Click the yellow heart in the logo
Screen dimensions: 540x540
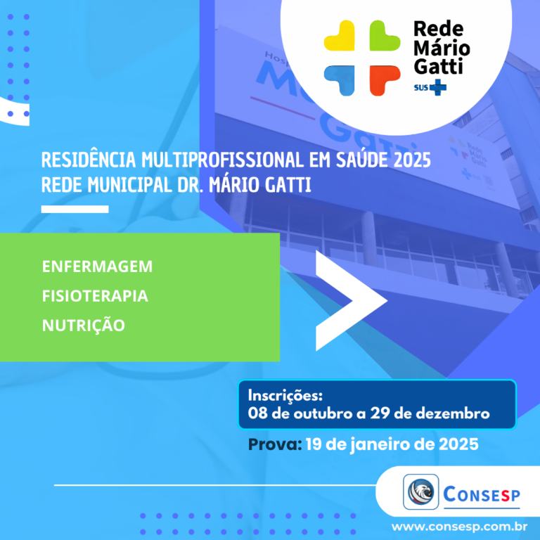pyautogui.click(x=340, y=36)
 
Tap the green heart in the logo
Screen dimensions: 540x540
pyautogui.click(x=385, y=36)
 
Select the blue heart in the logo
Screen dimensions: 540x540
pyautogui.click(x=340, y=80)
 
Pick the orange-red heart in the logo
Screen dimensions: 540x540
pyautogui.click(x=385, y=80)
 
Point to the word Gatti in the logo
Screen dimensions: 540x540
pyautogui.click(x=438, y=66)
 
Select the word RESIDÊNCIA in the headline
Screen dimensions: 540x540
pyautogui.click(x=89, y=160)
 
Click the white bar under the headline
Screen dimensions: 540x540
pyautogui.click(x=75, y=209)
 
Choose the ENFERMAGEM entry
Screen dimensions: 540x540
pyautogui.click(x=97, y=266)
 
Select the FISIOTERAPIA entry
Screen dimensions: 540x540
pyautogui.click(x=95, y=296)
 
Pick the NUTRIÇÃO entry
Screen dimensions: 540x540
pyautogui.click(x=84, y=324)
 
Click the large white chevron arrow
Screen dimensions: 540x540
pyautogui.click(x=348, y=301)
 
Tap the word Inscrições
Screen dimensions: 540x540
pyautogui.click(x=285, y=395)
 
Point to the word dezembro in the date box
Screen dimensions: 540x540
pyautogui.click(x=453, y=413)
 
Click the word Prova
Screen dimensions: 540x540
pyautogui.click(x=275, y=444)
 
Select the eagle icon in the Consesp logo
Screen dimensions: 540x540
pyautogui.click(x=421, y=491)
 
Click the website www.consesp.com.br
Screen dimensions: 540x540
pyautogui.click(x=459, y=527)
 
